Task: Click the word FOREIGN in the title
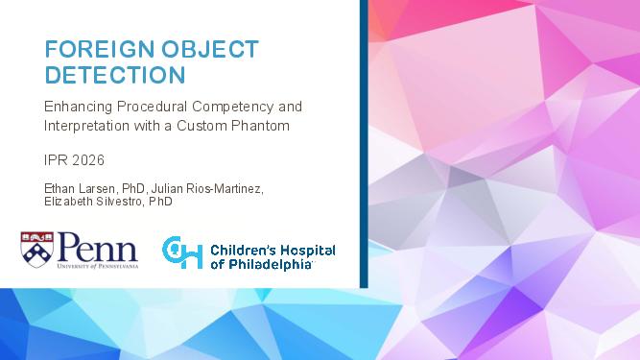coord(99,49)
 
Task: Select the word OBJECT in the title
coord(210,49)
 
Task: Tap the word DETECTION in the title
coord(115,75)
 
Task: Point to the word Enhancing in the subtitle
coord(78,107)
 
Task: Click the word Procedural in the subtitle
coord(153,107)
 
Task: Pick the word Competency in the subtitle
coord(233,108)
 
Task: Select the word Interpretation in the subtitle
coord(86,126)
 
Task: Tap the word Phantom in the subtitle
coord(260,126)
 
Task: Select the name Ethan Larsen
coord(80,189)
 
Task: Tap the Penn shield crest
coord(37,250)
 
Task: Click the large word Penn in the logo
coord(98,248)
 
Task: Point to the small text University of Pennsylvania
coord(98,266)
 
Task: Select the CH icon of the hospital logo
coord(182,252)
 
